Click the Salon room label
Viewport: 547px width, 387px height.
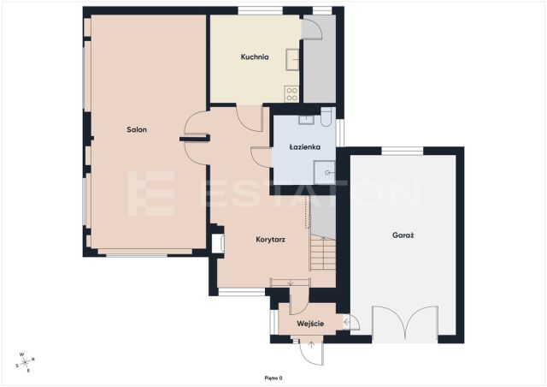point(137,129)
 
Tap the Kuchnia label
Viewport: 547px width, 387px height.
point(255,57)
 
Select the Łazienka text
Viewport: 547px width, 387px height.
point(304,146)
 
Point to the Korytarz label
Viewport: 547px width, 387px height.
point(270,240)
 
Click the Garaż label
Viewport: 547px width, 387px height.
point(403,235)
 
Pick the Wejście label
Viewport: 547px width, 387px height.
point(310,324)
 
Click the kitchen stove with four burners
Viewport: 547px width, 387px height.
point(291,94)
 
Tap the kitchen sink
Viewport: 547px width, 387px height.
point(292,60)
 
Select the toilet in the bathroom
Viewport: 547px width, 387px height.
point(326,116)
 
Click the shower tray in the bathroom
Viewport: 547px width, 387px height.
point(325,172)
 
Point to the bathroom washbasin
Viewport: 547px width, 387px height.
point(306,120)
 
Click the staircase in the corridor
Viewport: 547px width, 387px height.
point(323,253)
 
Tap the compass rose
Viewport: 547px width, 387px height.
point(26,362)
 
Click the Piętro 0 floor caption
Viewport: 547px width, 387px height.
point(273,378)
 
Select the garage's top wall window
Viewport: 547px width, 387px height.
point(403,151)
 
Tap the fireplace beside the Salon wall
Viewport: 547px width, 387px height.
point(218,243)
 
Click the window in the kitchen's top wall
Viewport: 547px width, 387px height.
point(260,10)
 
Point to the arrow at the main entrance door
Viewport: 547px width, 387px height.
point(311,345)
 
